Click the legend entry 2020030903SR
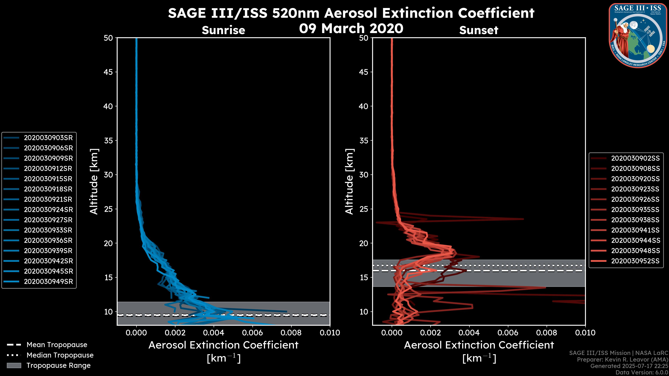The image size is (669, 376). (x=48, y=138)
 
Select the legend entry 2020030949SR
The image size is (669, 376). (x=48, y=281)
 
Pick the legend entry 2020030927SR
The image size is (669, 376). (x=48, y=220)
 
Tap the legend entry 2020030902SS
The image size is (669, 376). (x=635, y=158)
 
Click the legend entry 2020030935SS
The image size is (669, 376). (x=635, y=210)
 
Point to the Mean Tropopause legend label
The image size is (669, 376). (x=57, y=345)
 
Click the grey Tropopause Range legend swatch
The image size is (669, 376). (x=14, y=365)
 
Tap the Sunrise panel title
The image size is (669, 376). (x=223, y=30)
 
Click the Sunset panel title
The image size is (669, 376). (x=479, y=30)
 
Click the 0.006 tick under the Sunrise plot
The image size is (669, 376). (x=252, y=333)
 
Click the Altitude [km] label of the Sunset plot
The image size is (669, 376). (x=349, y=182)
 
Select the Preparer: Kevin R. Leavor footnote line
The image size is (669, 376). (x=622, y=360)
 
